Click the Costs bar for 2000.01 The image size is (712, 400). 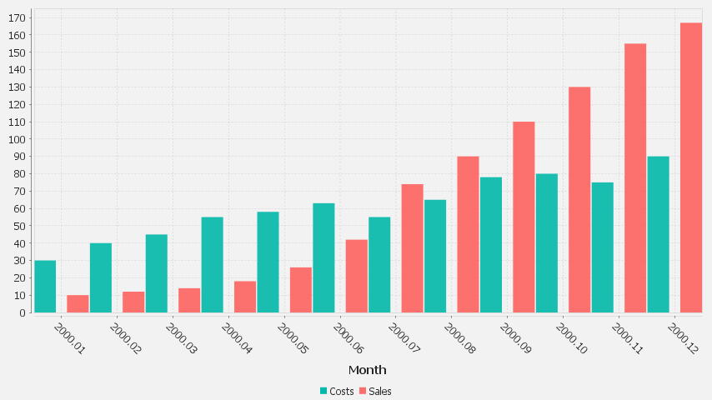[x=45, y=287]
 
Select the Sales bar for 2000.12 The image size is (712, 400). [x=691, y=167]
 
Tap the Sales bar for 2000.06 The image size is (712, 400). [x=357, y=276]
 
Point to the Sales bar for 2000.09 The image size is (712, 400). [x=524, y=217]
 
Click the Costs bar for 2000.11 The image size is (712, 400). [x=603, y=247]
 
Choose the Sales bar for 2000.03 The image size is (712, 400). [x=189, y=301]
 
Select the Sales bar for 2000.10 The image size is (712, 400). [x=579, y=200]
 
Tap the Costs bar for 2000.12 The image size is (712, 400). [x=658, y=234]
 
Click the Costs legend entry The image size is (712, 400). [x=337, y=391]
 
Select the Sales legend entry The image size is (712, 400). [x=375, y=391]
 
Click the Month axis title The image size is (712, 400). [x=367, y=370]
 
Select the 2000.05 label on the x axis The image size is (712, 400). [x=291, y=338]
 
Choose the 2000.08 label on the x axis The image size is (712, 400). [x=459, y=338]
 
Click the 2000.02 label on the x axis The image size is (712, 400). [x=124, y=338]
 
